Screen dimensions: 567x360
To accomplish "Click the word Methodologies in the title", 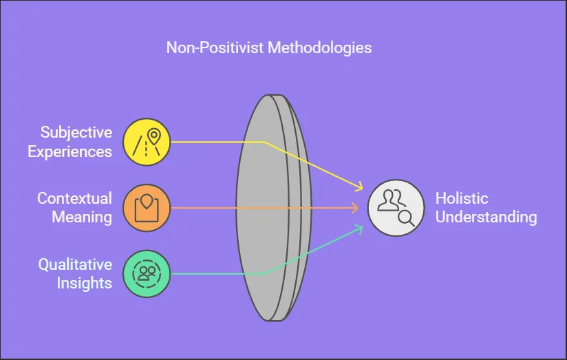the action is coord(319,48).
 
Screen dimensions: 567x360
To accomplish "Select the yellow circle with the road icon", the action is coord(147,142).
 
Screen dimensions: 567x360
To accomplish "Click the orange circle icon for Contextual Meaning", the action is coord(147,208).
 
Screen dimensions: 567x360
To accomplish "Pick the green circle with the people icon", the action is coord(147,273).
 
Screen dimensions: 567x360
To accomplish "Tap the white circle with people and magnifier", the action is coord(396,208).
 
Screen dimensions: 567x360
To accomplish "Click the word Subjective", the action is coord(76,133).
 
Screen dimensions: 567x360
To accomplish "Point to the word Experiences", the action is coord(69,152).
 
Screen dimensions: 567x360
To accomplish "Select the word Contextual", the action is coord(74,198).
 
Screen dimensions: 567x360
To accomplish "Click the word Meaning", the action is coord(82,218).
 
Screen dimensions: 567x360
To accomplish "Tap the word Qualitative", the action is coord(75,264).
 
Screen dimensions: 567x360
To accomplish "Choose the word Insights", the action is coord(84,284).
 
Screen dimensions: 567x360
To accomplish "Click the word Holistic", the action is coord(462,198).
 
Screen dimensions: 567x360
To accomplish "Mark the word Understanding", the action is coord(486,218).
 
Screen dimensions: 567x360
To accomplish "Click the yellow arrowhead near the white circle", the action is coord(359,187).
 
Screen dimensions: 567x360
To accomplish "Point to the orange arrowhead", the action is coord(354,208).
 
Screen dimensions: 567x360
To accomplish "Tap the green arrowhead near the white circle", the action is coord(359,229).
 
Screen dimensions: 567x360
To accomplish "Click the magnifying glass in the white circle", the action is coord(406,218).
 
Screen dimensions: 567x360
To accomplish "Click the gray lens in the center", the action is coord(274,208).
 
